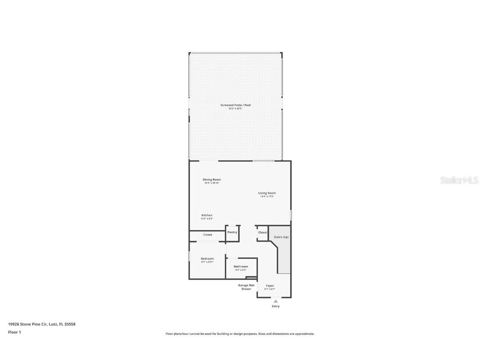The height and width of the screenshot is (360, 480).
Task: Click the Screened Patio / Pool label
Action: [x=235, y=105]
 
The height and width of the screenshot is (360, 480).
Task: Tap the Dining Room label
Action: [x=212, y=180]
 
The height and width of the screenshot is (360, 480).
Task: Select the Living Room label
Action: [x=267, y=193]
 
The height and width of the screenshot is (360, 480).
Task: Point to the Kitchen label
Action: [x=207, y=215]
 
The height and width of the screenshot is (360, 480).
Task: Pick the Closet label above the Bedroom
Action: [x=207, y=235]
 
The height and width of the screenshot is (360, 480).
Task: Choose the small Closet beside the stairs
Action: [x=262, y=232]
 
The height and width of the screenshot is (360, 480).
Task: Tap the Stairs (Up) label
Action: [x=281, y=237]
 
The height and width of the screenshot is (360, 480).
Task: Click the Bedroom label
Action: [x=207, y=259]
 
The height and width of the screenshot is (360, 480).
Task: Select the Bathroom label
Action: [x=241, y=267]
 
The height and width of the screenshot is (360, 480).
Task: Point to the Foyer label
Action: [x=270, y=285]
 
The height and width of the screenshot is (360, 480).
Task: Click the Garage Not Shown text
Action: [x=246, y=287]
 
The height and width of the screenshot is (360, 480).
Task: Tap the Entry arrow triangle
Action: [x=275, y=301]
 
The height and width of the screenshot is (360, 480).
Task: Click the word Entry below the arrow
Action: [x=275, y=306]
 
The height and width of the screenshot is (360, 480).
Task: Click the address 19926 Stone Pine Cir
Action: [x=42, y=324]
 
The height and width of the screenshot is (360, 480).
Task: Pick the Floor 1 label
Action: [x=14, y=332]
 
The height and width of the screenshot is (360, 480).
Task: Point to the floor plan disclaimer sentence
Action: [x=240, y=334]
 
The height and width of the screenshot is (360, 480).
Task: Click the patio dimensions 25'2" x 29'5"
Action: [x=235, y=108]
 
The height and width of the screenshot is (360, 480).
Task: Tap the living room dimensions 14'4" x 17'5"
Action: [x=267, y=196]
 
